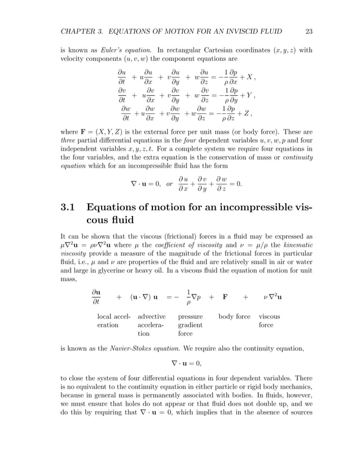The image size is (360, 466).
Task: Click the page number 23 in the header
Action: (x=308, y=31)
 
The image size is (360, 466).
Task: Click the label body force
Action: (x=234, y=316)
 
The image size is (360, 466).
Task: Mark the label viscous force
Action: (x=269, y=320)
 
